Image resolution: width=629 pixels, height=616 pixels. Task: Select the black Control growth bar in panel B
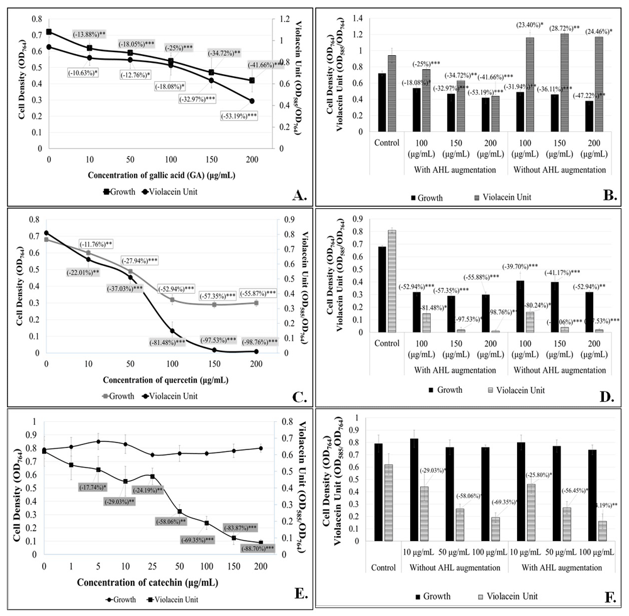pos(381,102)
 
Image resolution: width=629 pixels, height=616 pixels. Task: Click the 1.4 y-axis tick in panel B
pos(358,18)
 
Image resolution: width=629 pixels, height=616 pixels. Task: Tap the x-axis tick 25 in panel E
pos(152,566)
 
